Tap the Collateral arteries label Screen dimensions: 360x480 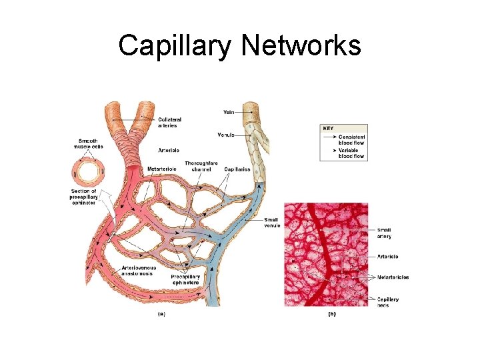169,122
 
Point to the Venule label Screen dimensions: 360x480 226,135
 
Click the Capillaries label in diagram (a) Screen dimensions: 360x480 237,169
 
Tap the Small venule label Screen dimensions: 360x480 271,223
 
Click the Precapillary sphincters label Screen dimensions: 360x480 185,279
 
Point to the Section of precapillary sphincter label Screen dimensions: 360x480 84,197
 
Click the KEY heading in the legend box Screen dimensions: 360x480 329,129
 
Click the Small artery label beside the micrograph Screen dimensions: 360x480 384,233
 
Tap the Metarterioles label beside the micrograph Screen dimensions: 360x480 393,277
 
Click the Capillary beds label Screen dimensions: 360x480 388,302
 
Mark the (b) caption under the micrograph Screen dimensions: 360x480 331,314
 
